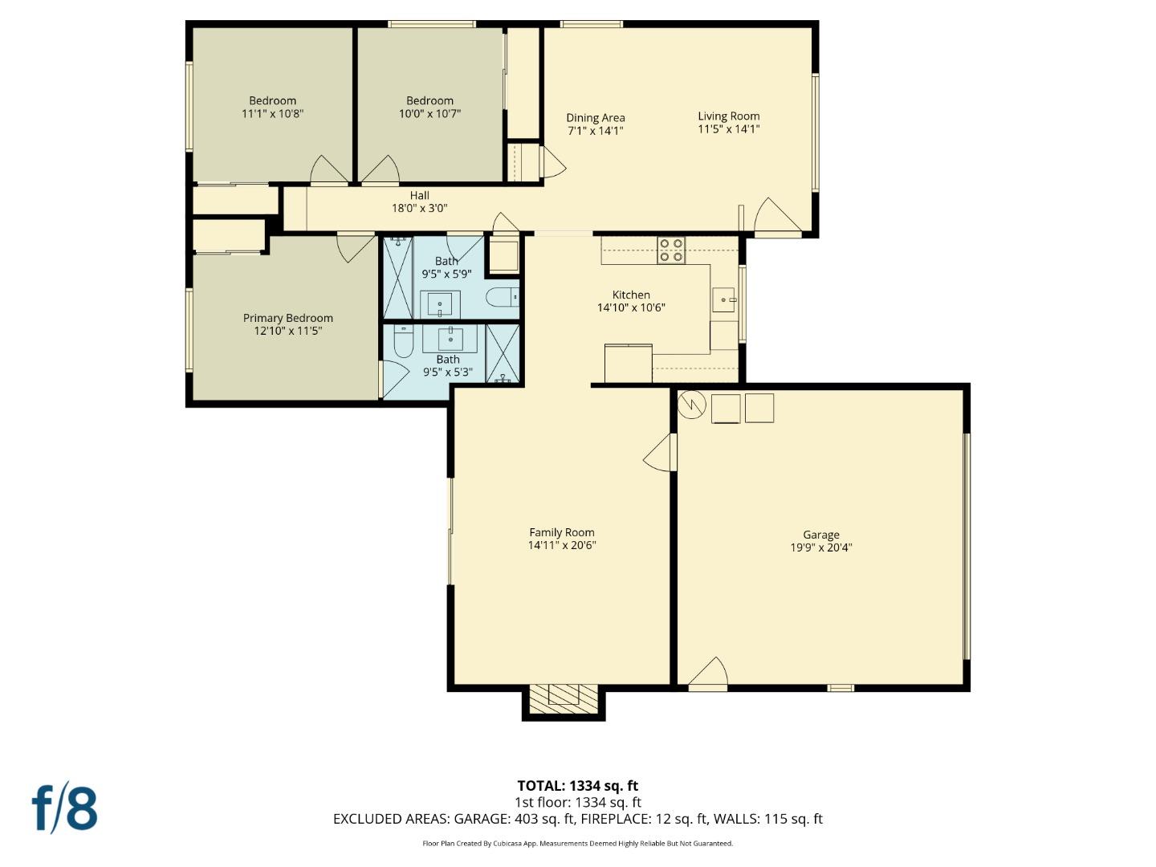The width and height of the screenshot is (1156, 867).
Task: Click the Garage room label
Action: click(820, 535)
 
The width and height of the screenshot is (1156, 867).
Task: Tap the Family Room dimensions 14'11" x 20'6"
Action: click(561, 546)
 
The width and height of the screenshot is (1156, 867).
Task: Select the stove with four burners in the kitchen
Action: click(671, 250)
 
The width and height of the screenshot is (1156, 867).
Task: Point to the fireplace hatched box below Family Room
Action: click(564, 695)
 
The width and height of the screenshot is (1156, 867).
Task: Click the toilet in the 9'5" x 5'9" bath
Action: click(503, 297)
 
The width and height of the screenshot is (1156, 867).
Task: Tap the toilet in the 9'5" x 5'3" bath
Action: click(403, 341)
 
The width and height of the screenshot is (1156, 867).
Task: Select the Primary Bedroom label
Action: click(287, 318)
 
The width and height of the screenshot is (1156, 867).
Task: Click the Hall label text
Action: click(419, 195)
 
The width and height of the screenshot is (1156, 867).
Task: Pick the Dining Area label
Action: click(595, 117)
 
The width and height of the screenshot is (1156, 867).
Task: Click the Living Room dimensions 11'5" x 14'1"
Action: click(728, 129)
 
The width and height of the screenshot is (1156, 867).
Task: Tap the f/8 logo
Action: click(64, 808)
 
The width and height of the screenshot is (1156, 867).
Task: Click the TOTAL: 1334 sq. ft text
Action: click(577, 786)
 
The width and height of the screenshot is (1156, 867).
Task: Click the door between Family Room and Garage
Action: click(661, 454)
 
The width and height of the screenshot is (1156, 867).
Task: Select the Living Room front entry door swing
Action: click(775, 216)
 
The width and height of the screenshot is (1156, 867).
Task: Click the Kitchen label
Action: click(631, 295)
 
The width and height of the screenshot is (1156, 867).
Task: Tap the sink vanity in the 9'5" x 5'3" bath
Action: click(450, 337)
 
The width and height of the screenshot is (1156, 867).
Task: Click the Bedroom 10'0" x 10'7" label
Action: click(429, 100)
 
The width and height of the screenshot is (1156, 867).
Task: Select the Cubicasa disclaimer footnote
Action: click(577, 844)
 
